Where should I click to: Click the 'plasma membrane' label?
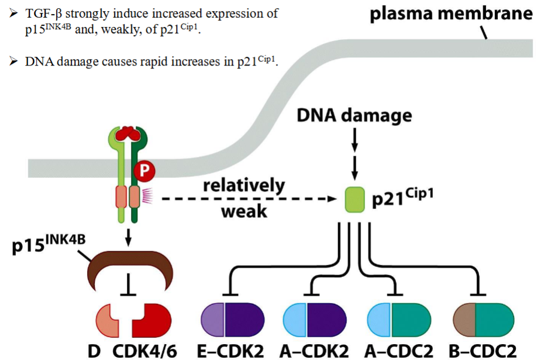click(x=451, y=13)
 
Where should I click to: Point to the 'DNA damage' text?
click(x=354, y=116)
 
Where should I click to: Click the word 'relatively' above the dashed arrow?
click(x=243, y=186)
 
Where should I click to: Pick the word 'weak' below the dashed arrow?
click(x=244, y=211)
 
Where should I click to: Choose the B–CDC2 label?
click(x=484, y=351)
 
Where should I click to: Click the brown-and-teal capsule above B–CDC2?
click(x=484, y=321)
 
